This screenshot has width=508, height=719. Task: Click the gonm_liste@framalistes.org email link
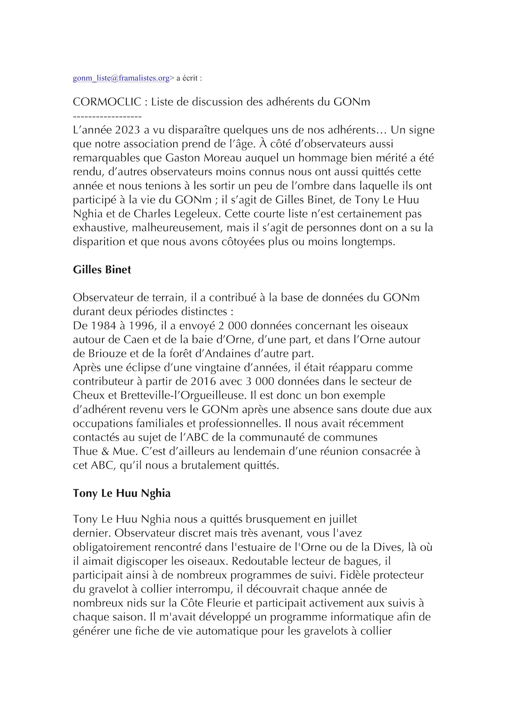(x=121, y=78)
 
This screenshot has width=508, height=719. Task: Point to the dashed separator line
(x=107, y=116)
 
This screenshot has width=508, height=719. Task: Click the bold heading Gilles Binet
(x=102, y=270)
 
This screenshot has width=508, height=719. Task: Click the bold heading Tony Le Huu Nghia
(x=122, y=494)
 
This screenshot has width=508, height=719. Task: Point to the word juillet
(x=342, y=519)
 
